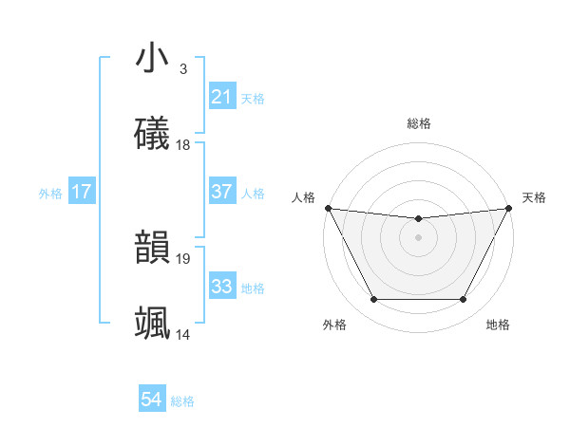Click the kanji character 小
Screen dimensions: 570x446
152,59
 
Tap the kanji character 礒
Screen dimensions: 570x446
152,134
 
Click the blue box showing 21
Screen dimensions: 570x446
221,97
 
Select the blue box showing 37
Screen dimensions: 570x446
221,192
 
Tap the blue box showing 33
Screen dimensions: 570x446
221,287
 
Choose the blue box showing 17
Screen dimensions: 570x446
81,192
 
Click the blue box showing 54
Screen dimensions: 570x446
151,400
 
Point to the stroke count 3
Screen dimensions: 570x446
182,69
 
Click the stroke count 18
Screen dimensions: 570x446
183,145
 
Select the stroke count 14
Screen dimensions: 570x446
183,334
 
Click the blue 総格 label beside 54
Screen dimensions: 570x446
182,401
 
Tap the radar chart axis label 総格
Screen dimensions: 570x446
418,123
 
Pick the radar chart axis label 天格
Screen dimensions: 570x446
534,197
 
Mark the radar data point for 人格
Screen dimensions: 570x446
328,208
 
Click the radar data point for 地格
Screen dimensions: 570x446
464,300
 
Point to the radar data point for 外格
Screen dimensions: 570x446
373,300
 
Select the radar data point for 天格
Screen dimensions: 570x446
508,208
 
